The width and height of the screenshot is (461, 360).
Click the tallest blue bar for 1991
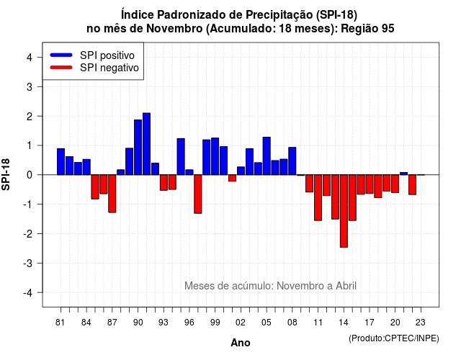pos(146,144)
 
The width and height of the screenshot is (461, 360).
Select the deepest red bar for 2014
pos(344,211)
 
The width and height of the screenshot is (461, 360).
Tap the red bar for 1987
pos(112,194)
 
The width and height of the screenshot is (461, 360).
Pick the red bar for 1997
pos(198,194)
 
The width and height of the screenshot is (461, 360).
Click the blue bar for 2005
pos(267,156)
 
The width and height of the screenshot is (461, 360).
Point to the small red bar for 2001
pos(232,178)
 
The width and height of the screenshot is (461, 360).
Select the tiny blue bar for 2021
pos(403,174)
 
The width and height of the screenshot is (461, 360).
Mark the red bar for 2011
pos(318,197)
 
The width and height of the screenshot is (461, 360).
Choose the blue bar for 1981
pos(61,161)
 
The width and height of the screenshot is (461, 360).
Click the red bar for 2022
pos(412,184)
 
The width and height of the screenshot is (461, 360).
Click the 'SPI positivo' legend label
pos(107,55)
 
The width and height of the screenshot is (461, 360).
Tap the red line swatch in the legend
pos(61,67)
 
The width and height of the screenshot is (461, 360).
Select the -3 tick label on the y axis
pos(28,263)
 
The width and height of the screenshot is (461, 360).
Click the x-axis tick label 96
pos(189,323)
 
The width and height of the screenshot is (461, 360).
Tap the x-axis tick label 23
pos(421,323)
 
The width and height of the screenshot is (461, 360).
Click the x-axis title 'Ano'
pos(241,343)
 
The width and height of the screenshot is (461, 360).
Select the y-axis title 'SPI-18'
pos(6,174)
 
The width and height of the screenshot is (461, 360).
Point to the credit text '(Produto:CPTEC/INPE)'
pos(394,338)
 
